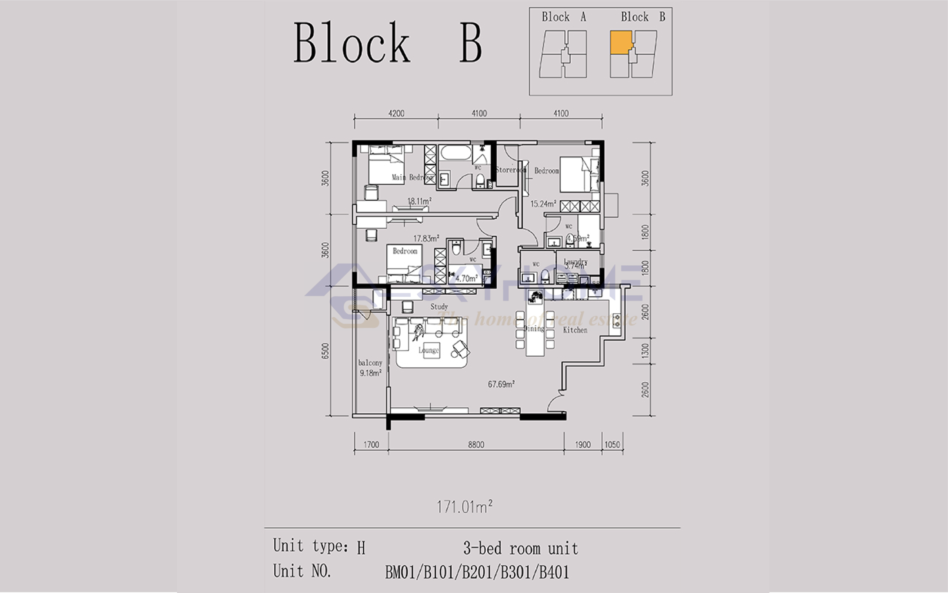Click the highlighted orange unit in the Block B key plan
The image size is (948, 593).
(x=621, y=42)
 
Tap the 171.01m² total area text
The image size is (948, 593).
(x=464, y=507)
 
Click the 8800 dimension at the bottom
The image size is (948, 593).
(x=476, y=444)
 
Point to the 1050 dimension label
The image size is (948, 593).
(x=612, y=444)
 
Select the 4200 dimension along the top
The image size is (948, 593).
(x=396, y=113)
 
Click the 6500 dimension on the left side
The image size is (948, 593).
(x=325, y=351)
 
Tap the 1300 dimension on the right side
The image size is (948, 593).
(x=645, y=351)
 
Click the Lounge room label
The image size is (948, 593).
(x=428, y=350)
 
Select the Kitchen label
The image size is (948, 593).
(x=575, y=330)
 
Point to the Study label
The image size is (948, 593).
(x=439, y=306)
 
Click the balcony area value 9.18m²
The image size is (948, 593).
(x=370, y=373)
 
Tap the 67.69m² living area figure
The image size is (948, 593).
(x=501, y=384)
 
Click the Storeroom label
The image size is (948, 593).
(x=510, y=170)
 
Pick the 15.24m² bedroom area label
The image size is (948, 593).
(x=543, y=204)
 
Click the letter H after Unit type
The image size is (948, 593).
(x=361, y=548)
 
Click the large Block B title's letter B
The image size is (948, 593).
(x=470, y=43)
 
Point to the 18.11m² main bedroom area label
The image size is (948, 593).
(x=419, y=201)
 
